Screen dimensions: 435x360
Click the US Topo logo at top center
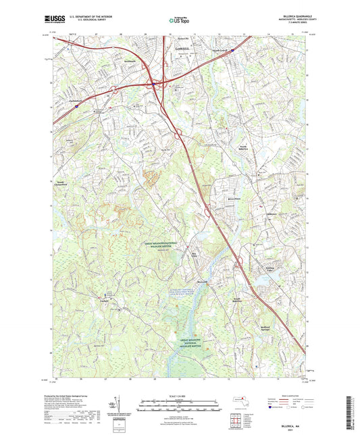tap(180, 20)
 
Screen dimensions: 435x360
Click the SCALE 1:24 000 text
tap(180, 396)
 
